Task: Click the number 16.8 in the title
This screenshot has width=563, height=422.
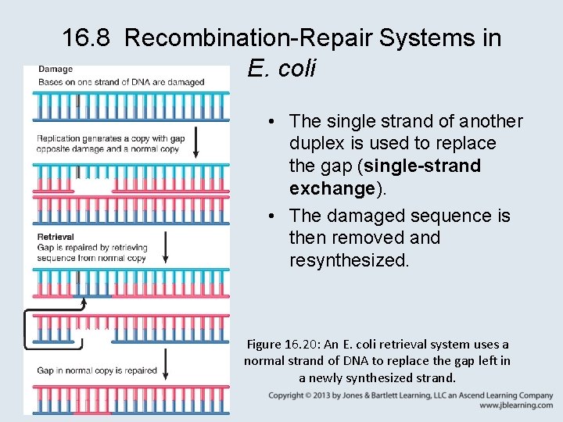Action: [x=85, y=37]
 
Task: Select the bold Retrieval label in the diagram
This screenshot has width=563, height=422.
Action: [x=56, y=237]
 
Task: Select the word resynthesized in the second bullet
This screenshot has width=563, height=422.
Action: [x=349, y=260]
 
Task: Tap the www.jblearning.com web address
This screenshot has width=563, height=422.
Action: [x=516, y=406]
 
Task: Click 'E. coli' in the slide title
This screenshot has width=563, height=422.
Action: [x=281, y=69]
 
